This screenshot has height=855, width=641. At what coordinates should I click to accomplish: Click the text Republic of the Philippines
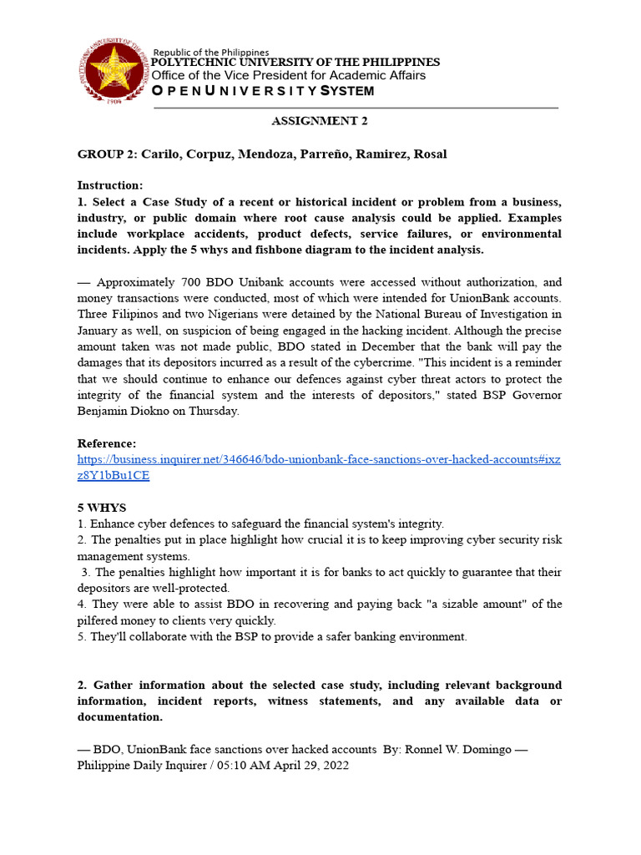[x=211, y=53]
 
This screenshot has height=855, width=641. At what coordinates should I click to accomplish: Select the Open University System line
[x=263, y=90]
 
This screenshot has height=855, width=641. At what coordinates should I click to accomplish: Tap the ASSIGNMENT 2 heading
[x=320, y=121]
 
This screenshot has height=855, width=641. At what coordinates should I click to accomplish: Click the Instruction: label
[x=110, y=185]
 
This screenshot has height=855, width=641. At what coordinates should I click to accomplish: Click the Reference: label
[x=107, y=443]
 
